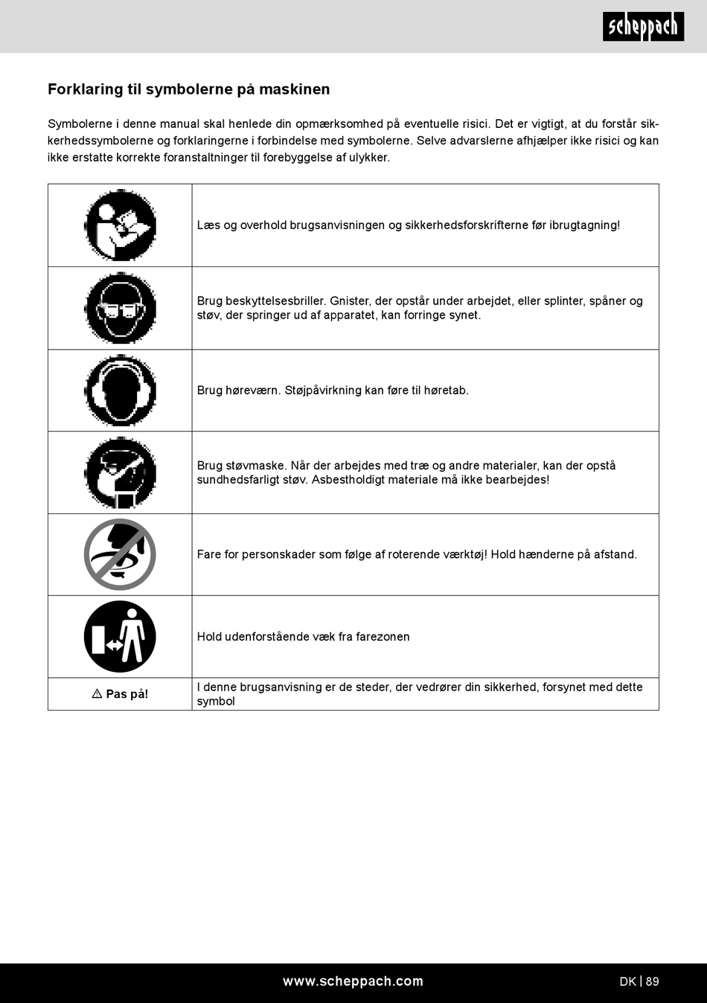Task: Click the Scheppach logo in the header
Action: [643, 27]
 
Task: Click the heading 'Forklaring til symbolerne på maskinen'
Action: [188, 89]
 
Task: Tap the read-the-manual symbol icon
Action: [120, 225]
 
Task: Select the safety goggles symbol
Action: [120, 307]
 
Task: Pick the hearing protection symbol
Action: [120, 390]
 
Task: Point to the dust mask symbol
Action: [120, 472]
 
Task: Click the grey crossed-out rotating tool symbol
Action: [120, 554]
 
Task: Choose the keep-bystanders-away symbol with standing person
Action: [120, 636]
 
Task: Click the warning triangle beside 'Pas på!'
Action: [97, 693]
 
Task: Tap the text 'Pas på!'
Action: [127, 694]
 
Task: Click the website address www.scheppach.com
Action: [353, 981]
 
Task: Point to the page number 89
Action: [652, 981]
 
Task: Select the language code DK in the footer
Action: [627, 981]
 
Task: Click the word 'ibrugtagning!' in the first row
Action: [584, 225]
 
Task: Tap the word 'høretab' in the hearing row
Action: [446, 391]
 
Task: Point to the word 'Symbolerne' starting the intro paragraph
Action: [80, 124]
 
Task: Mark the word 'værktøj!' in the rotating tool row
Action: [464, 554]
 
